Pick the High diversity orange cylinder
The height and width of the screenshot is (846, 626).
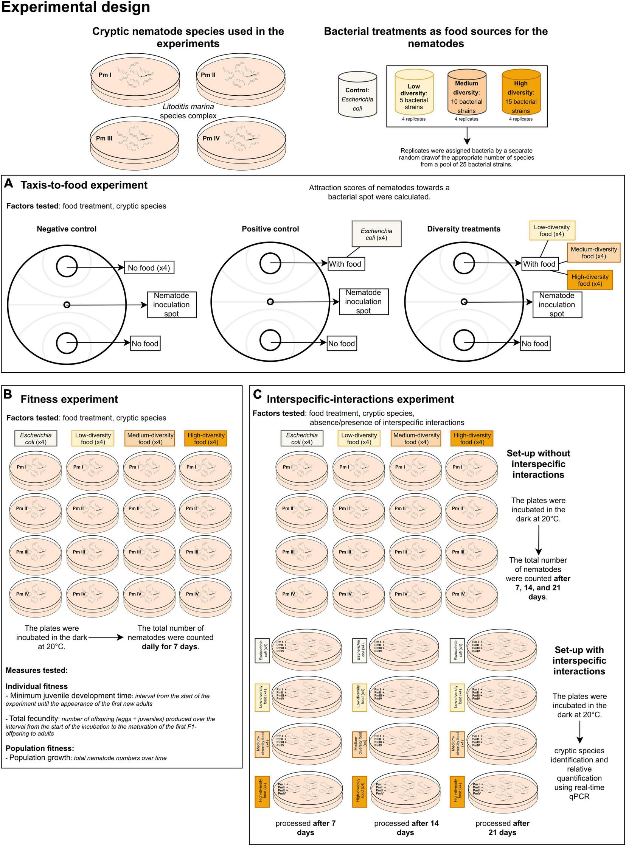[x=520, y=92]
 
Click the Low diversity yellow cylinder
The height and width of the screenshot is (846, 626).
[x=414, y=92]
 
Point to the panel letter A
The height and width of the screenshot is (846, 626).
[x=8, y=184]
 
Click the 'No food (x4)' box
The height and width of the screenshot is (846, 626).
[x=149, y=268]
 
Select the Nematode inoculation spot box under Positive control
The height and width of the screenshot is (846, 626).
[x=363, y=302]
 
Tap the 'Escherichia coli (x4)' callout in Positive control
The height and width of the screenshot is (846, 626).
[x=376, y=234]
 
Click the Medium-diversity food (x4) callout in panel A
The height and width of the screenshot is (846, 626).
[x=593, y=253]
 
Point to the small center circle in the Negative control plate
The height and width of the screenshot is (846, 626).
[x=67, y=305]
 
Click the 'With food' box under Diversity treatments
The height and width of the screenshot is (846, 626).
[x=539, y=264]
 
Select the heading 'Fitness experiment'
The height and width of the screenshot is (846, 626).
[x=69, y=399]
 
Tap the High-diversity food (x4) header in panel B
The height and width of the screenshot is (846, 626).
[x=206, y=439]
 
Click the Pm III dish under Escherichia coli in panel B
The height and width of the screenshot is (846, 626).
[x=36, y=554]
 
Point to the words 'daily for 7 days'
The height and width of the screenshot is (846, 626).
[x=170, y=647]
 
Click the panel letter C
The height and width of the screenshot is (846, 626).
[x=257, y=395]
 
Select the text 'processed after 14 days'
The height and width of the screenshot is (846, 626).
[x=406, y=828]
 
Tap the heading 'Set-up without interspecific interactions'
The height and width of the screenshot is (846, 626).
[x=538, y=464]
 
